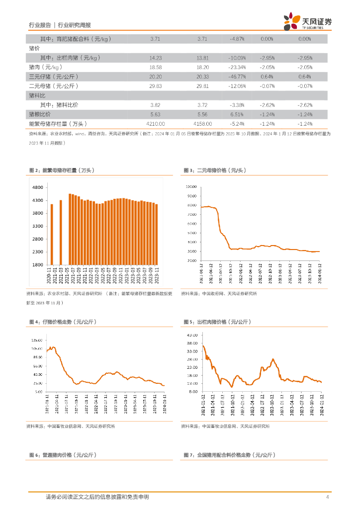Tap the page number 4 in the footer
click(327, 497)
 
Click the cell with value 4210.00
click(155, 123)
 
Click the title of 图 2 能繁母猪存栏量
click(62, 170)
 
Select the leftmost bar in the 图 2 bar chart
click(52, 234)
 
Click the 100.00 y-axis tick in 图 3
click(191, 187)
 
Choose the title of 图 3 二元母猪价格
click(215, 170)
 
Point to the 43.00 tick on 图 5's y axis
click(192, 335)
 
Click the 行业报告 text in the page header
click(40, 24)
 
